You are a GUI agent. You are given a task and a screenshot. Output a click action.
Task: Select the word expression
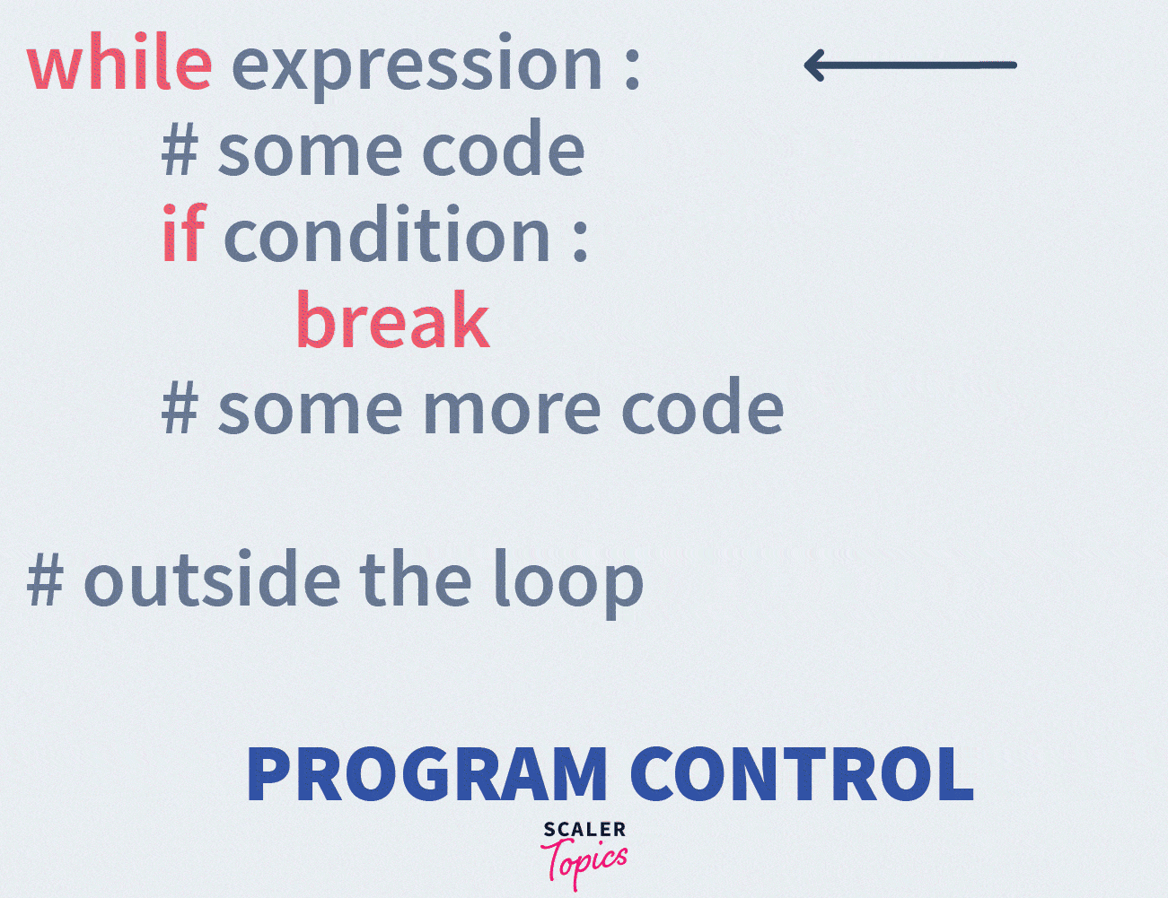(x=417, y=66)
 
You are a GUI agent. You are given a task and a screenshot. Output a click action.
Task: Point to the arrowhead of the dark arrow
(x=812, y=65)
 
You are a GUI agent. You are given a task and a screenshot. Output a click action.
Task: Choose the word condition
(x=386, y=235)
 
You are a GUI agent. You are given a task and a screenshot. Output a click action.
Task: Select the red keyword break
(x=392, y=320)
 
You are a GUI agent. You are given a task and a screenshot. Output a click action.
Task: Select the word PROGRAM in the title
(x=426, y=774)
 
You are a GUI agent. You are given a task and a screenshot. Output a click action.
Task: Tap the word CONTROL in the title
(x=802, y=774)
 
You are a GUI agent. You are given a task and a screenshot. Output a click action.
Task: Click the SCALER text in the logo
(x=584, y=830)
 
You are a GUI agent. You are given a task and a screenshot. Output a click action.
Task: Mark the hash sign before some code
(x=180, y=149)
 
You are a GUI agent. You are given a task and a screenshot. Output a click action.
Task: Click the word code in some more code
(x=703, y=409)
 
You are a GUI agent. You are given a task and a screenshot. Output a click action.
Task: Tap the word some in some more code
(x=310, y=409)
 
